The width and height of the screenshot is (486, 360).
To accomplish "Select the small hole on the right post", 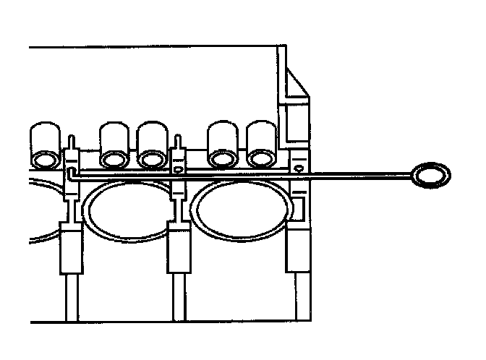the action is click(297, 168).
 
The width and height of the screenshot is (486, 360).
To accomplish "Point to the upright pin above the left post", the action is click(71, 142).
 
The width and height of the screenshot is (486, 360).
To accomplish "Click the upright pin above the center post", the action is click(179, 142).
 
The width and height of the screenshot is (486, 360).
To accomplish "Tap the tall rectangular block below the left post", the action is click(71, 249).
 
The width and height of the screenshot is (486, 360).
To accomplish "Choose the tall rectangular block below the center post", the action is click(179, 249).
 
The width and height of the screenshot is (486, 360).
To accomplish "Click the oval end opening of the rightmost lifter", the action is click(261, 158).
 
